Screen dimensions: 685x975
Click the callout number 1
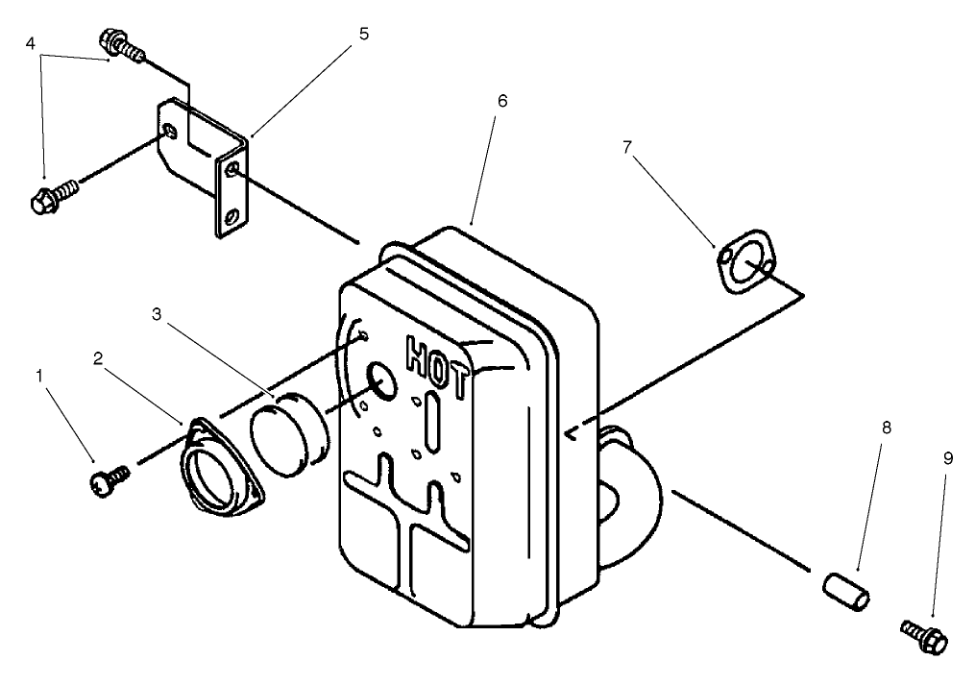pyautogui.click(x=39, y=375)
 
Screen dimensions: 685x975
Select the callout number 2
pyautogui.click(x=98, y=357)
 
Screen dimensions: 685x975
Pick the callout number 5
pyautogui.click(x=363, y=33)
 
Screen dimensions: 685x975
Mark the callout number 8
pyautogui.click(x=885, y=428)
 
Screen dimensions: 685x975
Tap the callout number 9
pyautogui.click(x=947, y=460)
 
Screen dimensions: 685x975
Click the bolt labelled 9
pyautogui.click(x=924, y=634)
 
